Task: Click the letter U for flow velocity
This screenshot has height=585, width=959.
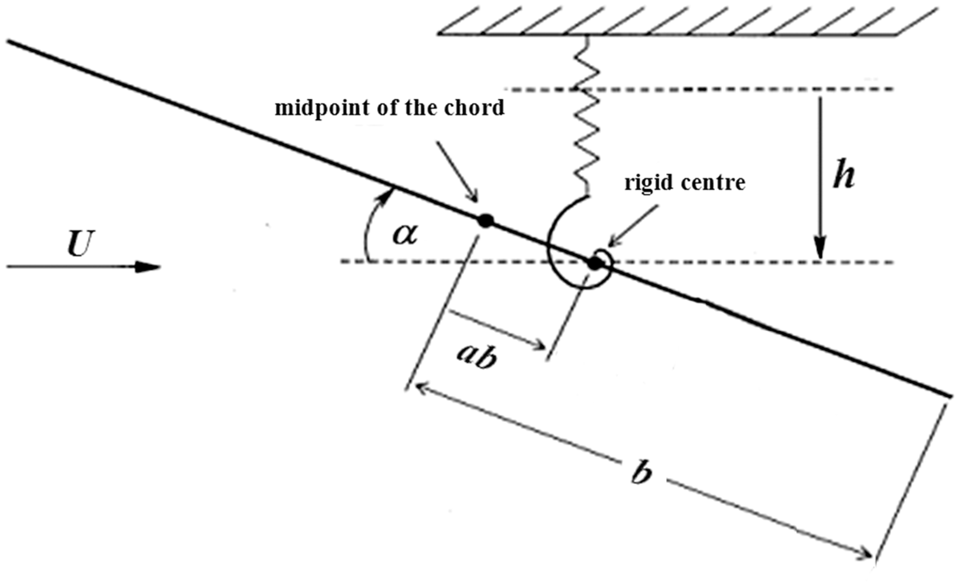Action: tap(81, 244)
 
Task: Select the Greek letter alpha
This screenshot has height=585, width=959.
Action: tap(405, 235)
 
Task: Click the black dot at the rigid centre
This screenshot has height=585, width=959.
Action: tap(594, 264)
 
